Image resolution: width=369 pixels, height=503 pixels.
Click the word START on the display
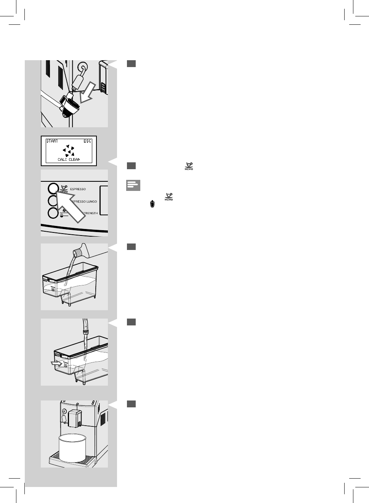(x=52, y=141)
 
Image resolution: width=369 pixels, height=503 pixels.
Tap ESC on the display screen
(x=87, y=141)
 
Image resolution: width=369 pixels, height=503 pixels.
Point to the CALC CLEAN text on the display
(x=69, y=160)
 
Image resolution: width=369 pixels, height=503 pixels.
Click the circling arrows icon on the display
(x=69, y=151)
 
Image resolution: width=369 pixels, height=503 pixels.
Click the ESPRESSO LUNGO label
(x=85, y=201)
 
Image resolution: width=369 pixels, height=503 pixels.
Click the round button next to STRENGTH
(x=53, y=213)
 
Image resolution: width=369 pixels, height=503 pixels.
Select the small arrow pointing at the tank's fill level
(x=55, y=364)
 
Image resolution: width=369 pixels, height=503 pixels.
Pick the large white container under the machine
(x=72, y=447)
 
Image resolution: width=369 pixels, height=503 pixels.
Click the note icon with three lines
(x=133, y=186)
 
